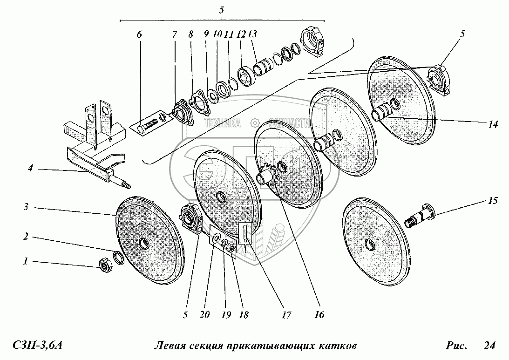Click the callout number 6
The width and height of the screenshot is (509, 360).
pyautogui.click(x=139, y=35)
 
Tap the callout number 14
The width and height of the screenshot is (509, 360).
pyautogui.click(x=493, y=124)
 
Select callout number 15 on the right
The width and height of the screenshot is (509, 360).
pyautogui.click(x=493, y=201)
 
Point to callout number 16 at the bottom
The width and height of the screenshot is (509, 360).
pyautogui.click(x=319, y=315)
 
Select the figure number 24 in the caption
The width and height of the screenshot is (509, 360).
pyautogui.click(x=489, y=346)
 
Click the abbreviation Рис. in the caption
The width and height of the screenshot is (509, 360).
pyautogui.click(x=456, y=346)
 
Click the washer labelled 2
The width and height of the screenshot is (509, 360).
pyautogui.click(x=118, y=257)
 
